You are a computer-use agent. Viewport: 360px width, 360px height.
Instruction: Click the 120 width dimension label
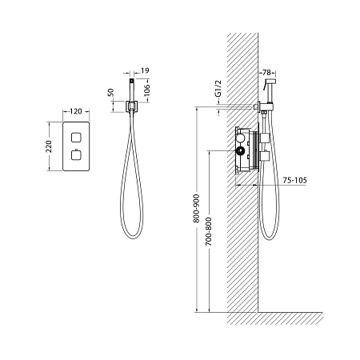click(x=76, y=111)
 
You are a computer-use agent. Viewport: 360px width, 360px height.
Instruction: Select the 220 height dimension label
click(x=49, y=146)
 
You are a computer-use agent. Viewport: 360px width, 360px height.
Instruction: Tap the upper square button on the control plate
click(x=76, y=137)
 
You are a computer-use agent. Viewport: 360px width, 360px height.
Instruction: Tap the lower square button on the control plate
click(x=76, y=155)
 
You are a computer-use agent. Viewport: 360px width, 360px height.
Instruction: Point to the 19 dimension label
click(x=145, y=70)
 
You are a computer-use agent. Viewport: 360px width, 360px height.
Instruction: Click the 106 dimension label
click(x=146, y=90)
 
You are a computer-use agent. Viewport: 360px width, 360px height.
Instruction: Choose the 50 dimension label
click(x=110, y=92)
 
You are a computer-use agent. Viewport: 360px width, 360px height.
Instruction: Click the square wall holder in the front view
click(x=131, y=106)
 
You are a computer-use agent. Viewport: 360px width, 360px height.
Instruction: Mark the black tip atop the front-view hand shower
click(x=131, y=80)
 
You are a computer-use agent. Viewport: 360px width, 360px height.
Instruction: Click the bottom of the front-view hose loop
click(x=133, y=238)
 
